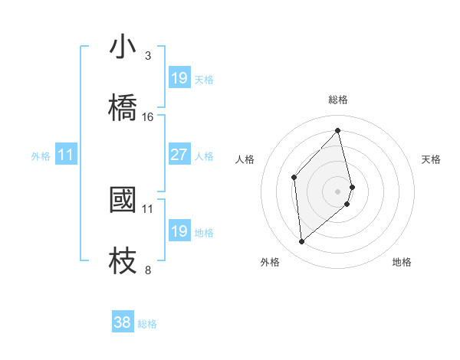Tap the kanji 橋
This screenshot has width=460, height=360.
123,106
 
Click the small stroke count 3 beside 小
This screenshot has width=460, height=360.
148,55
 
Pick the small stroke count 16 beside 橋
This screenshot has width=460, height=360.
148,117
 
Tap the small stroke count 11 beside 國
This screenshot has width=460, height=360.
148,208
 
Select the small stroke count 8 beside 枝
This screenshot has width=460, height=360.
148,270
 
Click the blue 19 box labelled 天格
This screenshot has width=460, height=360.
179,78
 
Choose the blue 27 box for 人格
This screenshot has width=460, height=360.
179,155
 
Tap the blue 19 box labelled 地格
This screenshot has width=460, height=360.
179,231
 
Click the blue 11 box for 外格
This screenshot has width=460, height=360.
66,155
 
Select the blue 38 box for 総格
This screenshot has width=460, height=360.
123,322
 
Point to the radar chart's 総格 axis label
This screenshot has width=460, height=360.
338,100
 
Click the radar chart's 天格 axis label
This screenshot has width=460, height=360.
432,159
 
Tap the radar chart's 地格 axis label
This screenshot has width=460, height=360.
402,262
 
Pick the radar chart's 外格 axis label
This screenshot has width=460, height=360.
270,262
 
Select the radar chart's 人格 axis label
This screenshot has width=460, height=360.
245,159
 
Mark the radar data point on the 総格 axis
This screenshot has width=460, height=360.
338,130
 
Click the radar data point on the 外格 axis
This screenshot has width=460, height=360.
302,242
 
